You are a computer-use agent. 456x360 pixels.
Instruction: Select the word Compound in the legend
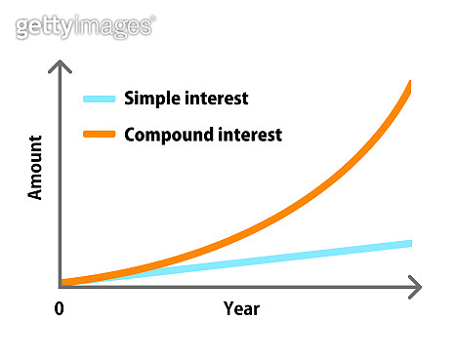point(168,135)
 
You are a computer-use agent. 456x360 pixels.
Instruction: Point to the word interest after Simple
point(215,99)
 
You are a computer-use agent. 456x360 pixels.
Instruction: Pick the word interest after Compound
point(249,135)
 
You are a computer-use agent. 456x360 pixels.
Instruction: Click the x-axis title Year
point(241,308)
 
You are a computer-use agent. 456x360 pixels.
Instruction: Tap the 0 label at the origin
point(59,308)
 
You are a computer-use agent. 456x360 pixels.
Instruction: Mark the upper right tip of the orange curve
point(409,86)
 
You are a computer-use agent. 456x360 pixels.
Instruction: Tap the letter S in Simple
point(130,99)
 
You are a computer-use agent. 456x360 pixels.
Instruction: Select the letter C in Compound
point(131,135)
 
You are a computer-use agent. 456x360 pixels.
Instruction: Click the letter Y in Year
point(228,308)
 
